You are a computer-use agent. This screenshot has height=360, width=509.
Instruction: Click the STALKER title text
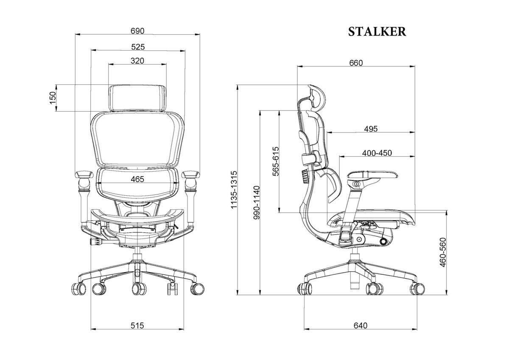pos(377,32)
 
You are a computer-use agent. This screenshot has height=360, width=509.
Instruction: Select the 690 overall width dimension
pos(137,31)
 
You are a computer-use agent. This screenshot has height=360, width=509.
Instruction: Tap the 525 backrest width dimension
pos(138,47)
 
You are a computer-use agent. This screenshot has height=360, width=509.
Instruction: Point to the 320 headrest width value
pos(137,61)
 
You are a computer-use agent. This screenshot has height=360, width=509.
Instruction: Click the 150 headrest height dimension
pos(53,98)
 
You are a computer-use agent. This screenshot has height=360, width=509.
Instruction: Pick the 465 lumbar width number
pos(137,179)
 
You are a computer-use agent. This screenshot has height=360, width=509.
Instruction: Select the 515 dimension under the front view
pos(137,326)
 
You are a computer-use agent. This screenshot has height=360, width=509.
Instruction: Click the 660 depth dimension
pos(356,63)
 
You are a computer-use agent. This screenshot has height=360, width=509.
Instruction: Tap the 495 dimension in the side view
pos(371,129)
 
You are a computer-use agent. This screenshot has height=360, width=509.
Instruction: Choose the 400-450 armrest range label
pos(377,153)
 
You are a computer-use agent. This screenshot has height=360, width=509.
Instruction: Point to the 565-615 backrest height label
pos(276,161)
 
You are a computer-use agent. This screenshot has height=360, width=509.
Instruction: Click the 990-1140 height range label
pos(257,202)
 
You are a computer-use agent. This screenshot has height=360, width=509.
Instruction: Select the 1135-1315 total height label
pos(234,190)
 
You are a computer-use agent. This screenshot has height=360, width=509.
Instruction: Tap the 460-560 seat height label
pos(443,253)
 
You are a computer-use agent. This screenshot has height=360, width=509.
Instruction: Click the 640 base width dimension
pos(361,326)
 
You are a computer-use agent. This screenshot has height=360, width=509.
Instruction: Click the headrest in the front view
pos(138,98)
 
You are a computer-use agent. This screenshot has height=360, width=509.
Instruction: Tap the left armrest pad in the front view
pos(84,174)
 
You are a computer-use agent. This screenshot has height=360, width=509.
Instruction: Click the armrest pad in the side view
pos(373,175)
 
